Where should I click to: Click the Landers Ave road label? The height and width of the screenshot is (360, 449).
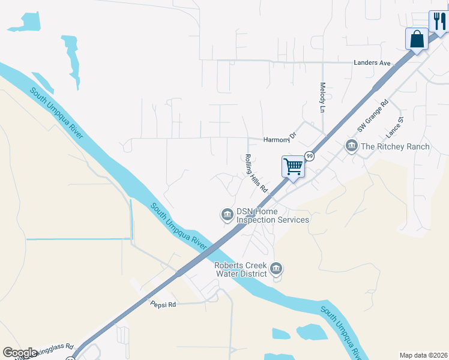click(372, 62)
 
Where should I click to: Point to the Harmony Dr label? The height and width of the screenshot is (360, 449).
click(280, 139)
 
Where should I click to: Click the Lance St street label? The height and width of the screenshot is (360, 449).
click(394, 127)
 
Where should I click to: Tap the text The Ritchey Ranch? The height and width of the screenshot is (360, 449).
click(395, 146)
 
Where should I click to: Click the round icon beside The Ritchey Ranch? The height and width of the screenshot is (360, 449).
click(351, 146)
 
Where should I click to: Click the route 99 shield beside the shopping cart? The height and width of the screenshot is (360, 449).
click(310, 156)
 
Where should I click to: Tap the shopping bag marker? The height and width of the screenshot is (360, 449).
click(417, 39)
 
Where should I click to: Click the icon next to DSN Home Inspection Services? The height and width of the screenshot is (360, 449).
click(227, 214)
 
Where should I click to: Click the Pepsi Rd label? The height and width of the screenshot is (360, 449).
click(163, 305)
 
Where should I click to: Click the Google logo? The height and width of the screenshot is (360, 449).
click(20, 353)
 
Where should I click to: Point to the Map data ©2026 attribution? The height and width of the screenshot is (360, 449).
click(423, 355)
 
